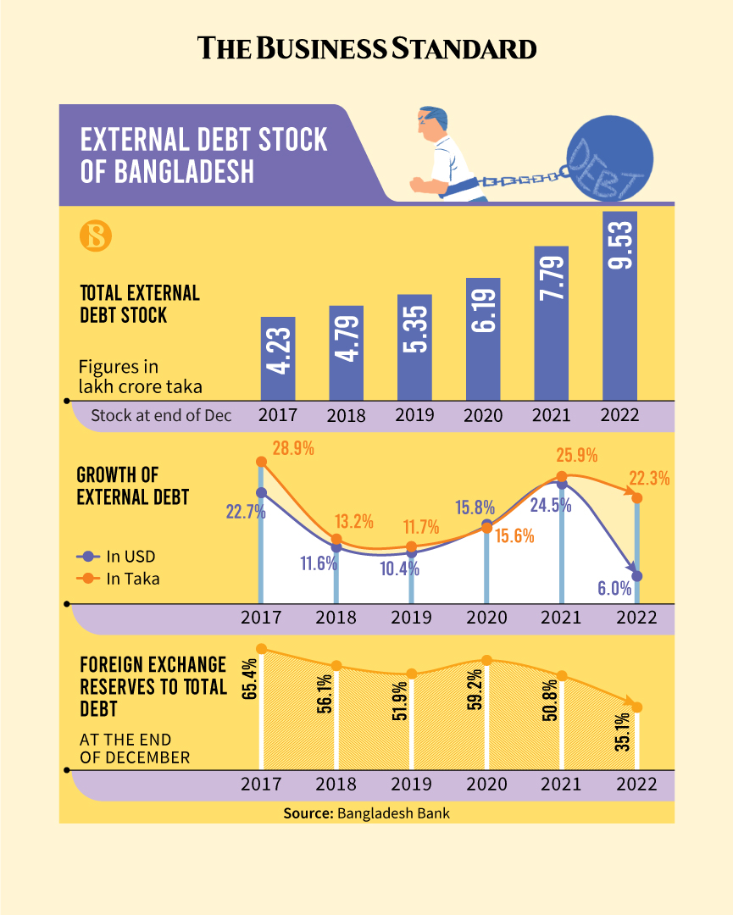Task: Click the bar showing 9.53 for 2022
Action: tap(619, 305)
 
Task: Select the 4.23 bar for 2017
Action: tap(278, 358)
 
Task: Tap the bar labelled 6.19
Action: tap(483, 339)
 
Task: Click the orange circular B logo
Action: tap(96, 236)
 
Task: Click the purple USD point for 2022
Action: tap(637, 576)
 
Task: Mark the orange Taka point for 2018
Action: tap(336, 539)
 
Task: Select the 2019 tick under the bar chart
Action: tap(414, 415)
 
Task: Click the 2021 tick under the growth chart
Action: tap(561, 617)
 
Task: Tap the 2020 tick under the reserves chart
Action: tap(486, 784)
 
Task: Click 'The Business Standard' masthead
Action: tap(367, 47)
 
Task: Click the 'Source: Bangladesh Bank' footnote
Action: tap(366, 812)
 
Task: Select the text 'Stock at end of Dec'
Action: tap(161, 415)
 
